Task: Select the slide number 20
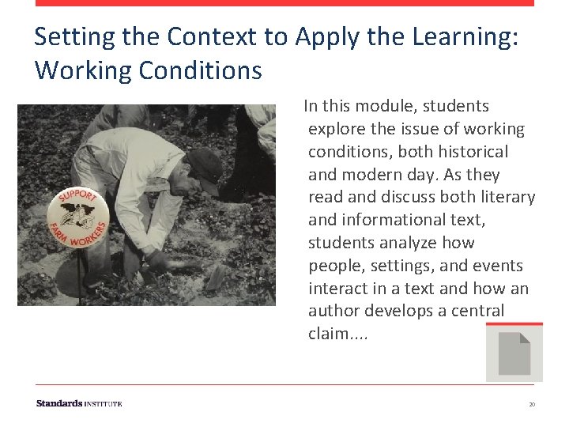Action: click(532, 404)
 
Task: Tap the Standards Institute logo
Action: click(79, 403)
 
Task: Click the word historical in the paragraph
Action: click(473, 151)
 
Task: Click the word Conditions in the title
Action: click(200, 70)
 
